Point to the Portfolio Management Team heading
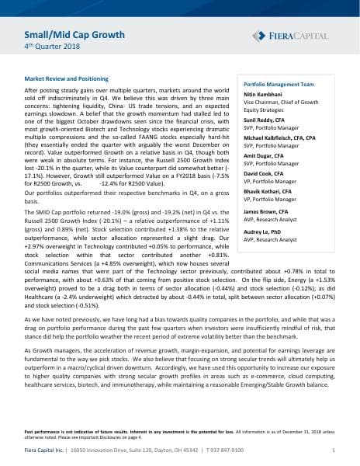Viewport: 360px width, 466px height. click(279, 82)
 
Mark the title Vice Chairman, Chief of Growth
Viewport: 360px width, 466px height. click(279, 101)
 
